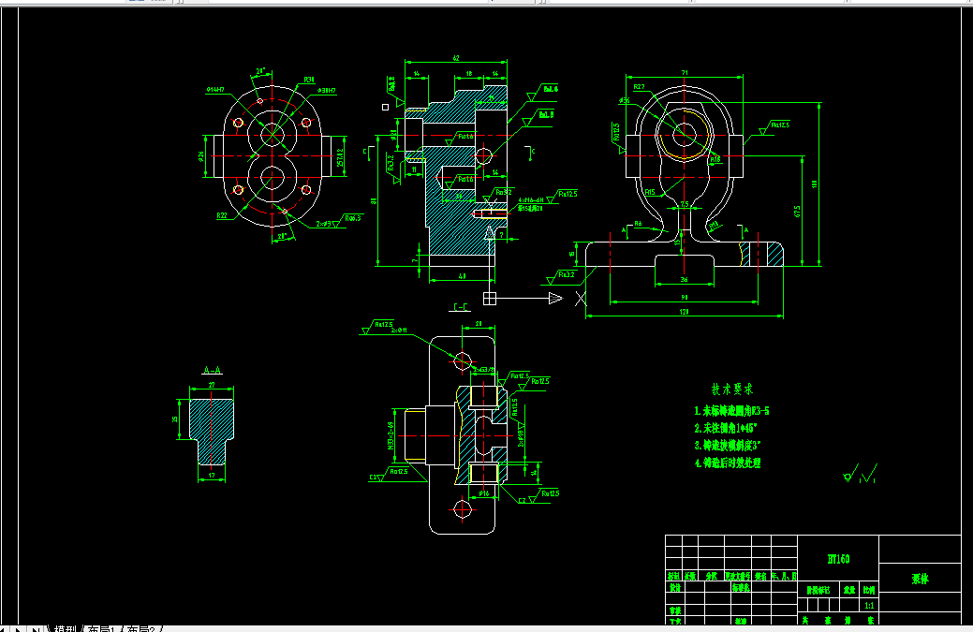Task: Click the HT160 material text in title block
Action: point(838,559)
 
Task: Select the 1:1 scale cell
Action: point(869,605)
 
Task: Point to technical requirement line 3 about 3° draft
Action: point(736,445)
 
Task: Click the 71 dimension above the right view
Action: point(685,73)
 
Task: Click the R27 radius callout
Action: point(639,87)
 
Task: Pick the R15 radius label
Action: point(649,191)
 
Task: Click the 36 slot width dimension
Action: point(684,279)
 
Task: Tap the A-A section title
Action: point(212,371)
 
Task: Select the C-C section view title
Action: point(461,307)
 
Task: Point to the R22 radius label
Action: point(222,215)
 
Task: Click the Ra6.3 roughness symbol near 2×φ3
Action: point(352,217)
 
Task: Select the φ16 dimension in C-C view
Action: point(484,492)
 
